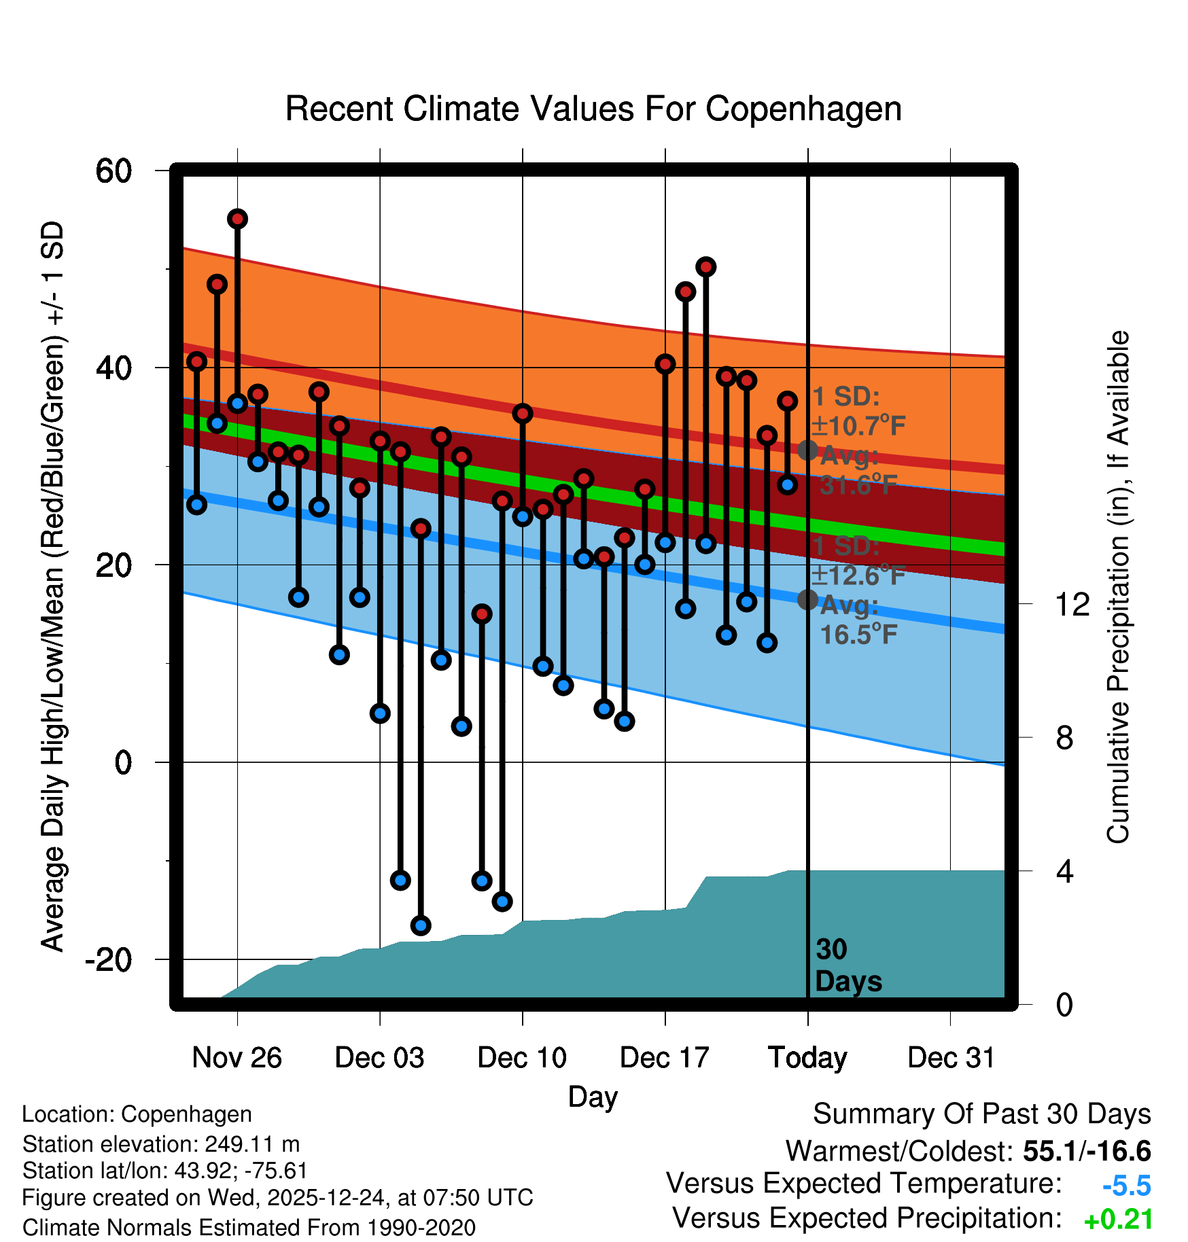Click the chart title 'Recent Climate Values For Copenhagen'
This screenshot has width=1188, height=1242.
593,109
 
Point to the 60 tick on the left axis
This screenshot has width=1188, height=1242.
114,171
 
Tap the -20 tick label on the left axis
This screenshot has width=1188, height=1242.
108,959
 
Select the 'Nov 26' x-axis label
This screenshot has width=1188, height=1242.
237,1058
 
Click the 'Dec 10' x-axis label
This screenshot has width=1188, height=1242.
522,1058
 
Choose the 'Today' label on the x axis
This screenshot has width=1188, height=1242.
807,1058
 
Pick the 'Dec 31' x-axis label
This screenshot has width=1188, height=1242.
951,1058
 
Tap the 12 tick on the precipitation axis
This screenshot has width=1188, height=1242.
1072,604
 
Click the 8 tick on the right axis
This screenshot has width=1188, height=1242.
1065,738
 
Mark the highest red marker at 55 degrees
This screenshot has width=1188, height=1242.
237,219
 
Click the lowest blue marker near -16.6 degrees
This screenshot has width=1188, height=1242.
421,925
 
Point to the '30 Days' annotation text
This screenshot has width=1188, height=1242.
848,965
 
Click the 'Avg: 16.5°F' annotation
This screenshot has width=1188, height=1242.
857,620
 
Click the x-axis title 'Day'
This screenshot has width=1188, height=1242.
593,1097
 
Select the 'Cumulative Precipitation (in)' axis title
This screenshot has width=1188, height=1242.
1118,587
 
